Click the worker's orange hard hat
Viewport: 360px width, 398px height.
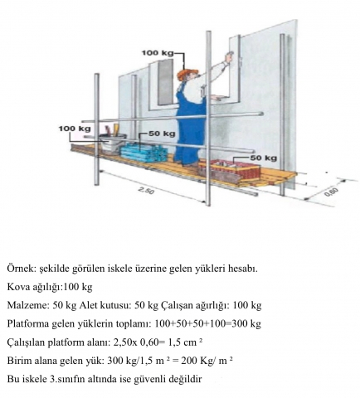187,74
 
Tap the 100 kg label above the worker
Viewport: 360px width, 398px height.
158,52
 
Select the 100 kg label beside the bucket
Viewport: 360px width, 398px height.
75,129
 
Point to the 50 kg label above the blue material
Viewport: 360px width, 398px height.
162,133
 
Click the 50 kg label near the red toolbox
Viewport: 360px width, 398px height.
264,158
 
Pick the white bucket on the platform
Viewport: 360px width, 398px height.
113,142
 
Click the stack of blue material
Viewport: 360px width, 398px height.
144,153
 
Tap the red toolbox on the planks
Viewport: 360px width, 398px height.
230,172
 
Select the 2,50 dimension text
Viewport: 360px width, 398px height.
146,190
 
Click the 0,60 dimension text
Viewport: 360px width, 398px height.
331,192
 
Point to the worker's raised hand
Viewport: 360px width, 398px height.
229,57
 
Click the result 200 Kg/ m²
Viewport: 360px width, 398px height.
207,361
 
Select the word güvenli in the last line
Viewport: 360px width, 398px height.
149,379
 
